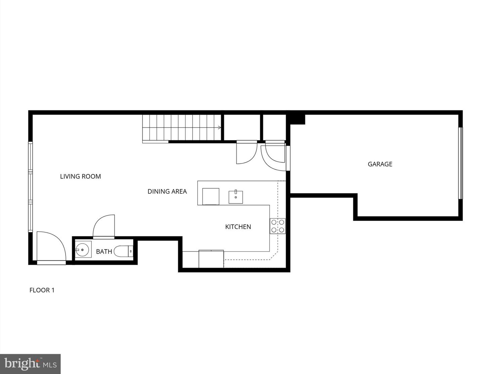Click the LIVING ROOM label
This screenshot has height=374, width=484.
(80, 176)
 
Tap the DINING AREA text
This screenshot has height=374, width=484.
(167, 191)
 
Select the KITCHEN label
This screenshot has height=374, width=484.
(238, 227)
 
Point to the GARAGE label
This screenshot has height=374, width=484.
(380, 164)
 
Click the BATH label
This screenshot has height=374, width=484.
(104, 251)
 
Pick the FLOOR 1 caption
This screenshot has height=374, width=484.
(42, 290)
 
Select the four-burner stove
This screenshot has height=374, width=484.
(278, 226)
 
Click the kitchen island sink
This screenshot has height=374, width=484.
(236, 197)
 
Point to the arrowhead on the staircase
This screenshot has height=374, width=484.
(219, 127)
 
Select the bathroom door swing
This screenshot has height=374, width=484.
(104, 226)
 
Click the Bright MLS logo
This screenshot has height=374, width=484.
(30, 364)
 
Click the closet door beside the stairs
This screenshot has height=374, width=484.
(246, 153)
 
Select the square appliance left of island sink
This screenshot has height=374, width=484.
(211, 196)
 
